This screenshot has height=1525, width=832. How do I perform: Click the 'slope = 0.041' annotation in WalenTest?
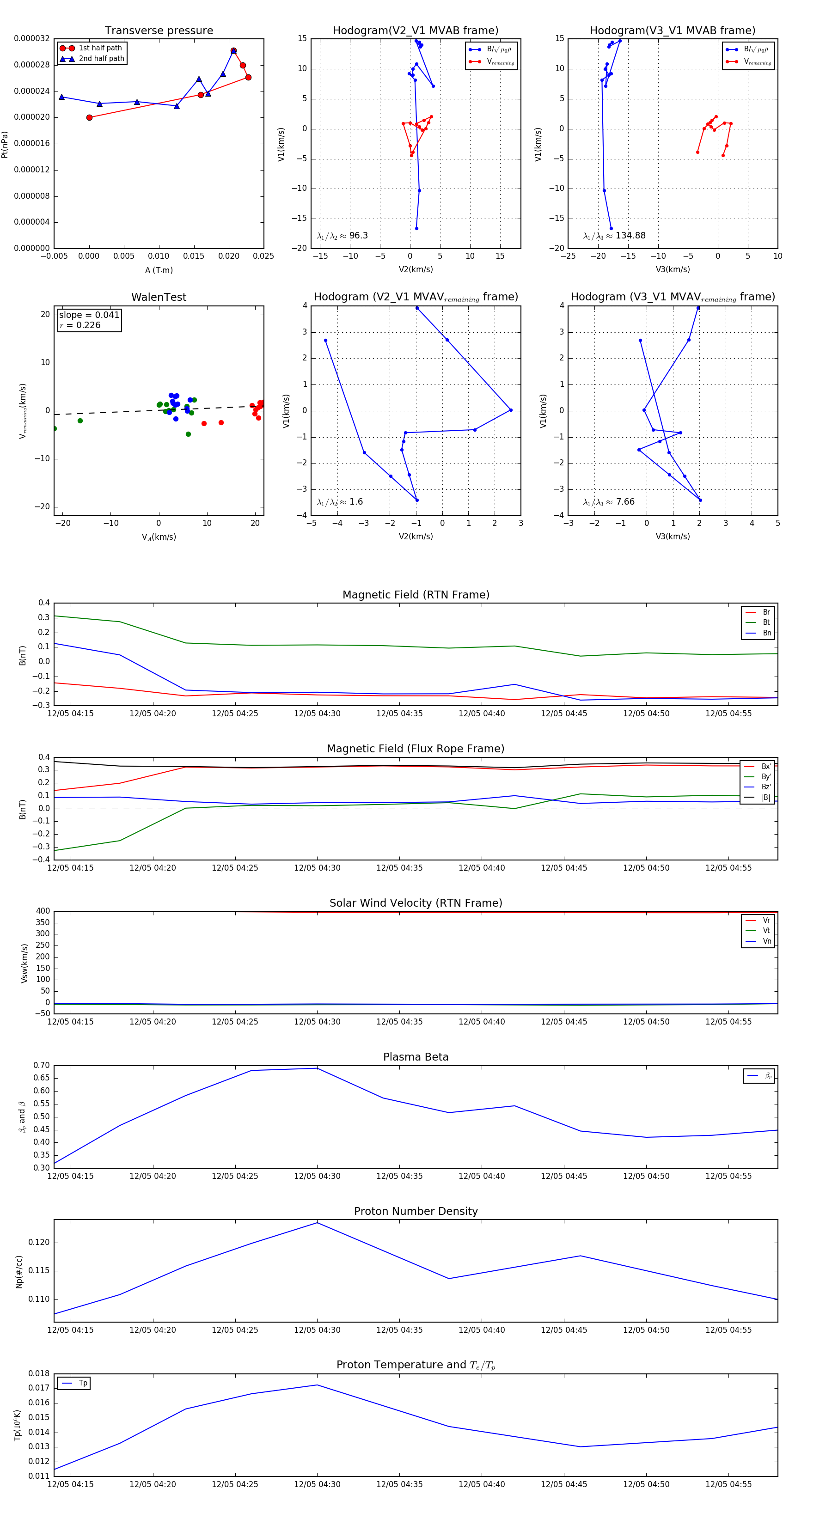tap(89, 315)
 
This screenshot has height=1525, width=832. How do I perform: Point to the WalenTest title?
tap(159, 297)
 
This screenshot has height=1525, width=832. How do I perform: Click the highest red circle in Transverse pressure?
tap(233, 51)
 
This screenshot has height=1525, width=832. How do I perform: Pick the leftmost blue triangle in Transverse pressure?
tap(61, 97)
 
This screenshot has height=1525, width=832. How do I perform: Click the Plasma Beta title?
tap(416, 1057)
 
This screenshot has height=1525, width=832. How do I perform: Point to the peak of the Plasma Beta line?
tap(318, 1068)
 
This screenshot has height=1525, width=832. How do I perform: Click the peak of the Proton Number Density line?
tap(318, 1222)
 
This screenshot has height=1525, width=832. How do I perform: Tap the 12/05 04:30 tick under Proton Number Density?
tap(318, 1330)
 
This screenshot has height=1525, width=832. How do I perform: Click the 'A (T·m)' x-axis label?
tap(159, 270)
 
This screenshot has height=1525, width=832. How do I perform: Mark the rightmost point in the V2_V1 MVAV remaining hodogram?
tap(510, 409)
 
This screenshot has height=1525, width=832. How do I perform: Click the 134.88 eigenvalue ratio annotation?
tap(630, 236)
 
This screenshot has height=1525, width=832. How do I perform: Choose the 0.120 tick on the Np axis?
tap(39, 1242)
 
